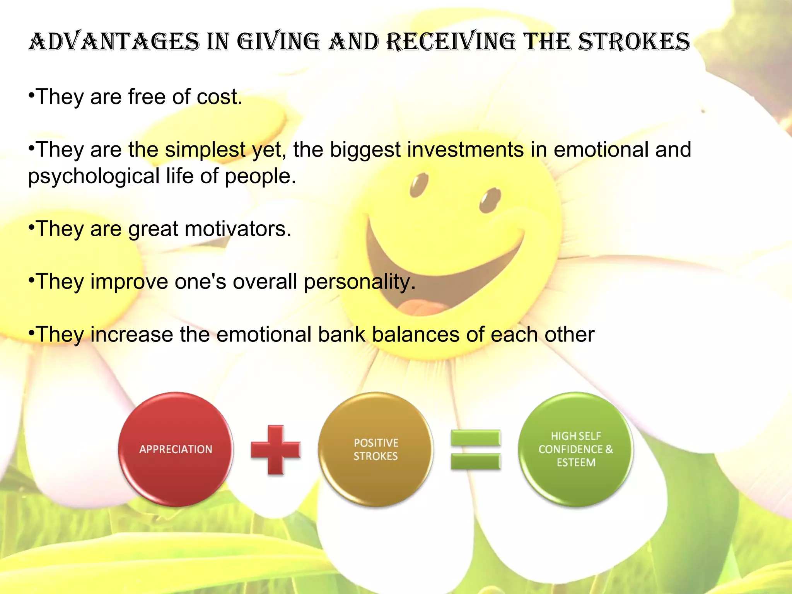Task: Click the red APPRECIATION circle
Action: click(176, 449)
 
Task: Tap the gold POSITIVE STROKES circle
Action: click(376, 449)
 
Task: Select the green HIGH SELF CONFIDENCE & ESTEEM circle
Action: click(576, 449)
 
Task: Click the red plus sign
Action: click(276, 450)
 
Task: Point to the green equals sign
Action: click(476, 450)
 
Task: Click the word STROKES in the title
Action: click(634, 42)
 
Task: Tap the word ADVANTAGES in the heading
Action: click(114, 42)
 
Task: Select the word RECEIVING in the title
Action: click(451, 42)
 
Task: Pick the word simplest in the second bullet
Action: click(205, 150)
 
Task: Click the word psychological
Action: click(94, 176)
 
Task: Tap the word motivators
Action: click(238, 229)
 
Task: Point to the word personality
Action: click(359, 282)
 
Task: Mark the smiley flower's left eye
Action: click(419, 185)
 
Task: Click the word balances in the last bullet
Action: click(415, 335)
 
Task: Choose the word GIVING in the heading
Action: click(278, 42)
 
